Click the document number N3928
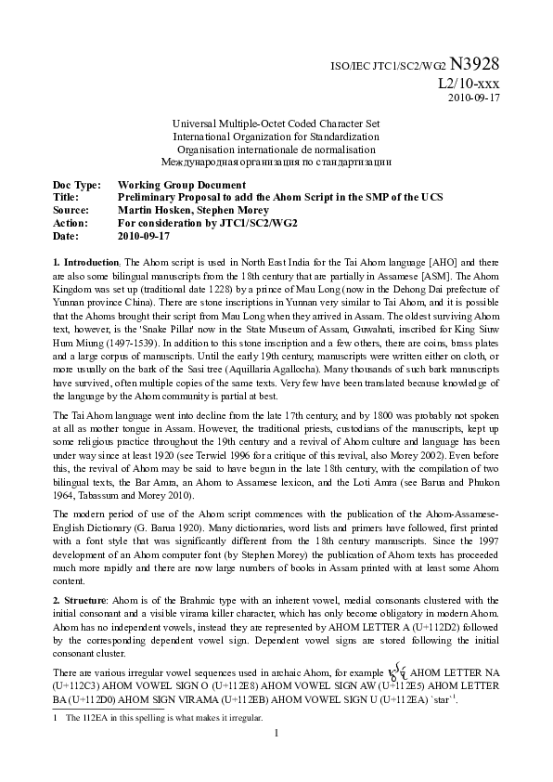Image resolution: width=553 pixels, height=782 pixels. point(475,64)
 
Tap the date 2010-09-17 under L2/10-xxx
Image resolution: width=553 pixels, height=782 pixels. point(474,98)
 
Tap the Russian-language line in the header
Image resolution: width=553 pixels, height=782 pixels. point(276,162)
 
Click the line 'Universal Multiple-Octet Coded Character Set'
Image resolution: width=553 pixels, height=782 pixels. point(276,124)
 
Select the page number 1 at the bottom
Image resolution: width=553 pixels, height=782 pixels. point(276,734)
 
